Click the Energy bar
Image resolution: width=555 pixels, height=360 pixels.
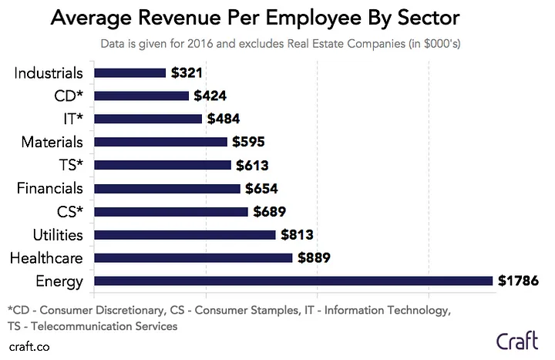click(x=293, y=281)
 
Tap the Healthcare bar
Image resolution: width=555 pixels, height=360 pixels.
click(x=193, y=257)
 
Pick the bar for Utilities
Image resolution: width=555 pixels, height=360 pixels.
click(x=184, y=234)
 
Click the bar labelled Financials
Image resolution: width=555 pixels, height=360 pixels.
click(x=167, y=188)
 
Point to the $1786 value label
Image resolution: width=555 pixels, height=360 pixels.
click(x=518, y=281)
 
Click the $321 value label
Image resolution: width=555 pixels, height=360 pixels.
click(x=188, y=73)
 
